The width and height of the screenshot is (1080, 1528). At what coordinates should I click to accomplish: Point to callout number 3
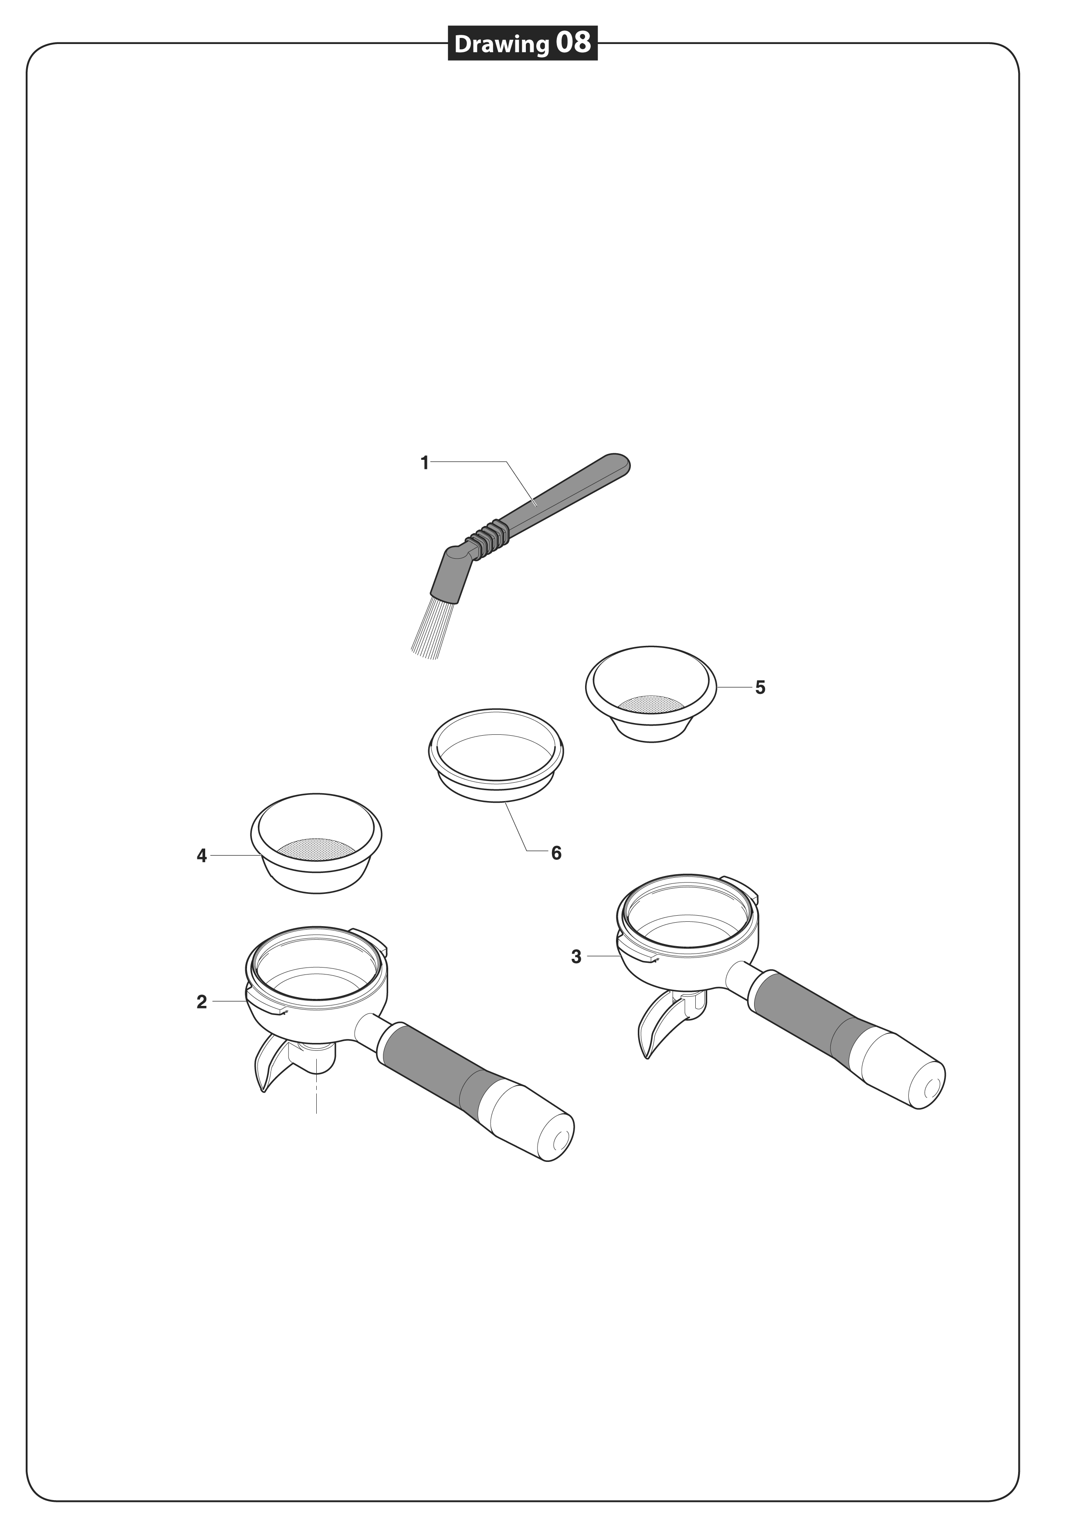click(x=576, y=957)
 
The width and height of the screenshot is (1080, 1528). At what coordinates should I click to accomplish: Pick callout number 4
click(x=202, y=856)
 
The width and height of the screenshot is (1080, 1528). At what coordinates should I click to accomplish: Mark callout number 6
click(x=556, y=853)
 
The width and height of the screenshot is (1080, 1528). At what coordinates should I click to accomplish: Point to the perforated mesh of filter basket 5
click(x=651, y=702)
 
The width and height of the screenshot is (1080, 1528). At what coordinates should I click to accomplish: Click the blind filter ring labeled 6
click(x=496, y=753)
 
